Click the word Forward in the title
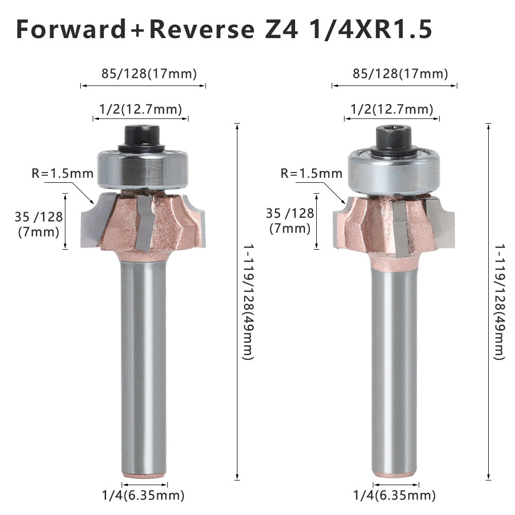71,29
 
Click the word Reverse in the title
202,29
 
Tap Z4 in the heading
281,29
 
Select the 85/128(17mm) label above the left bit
149,74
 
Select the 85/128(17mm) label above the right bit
400,74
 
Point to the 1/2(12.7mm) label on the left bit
140,109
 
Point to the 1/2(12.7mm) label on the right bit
392,109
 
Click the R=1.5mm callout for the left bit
62,173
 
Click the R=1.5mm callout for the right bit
312,173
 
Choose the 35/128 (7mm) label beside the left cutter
39,225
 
